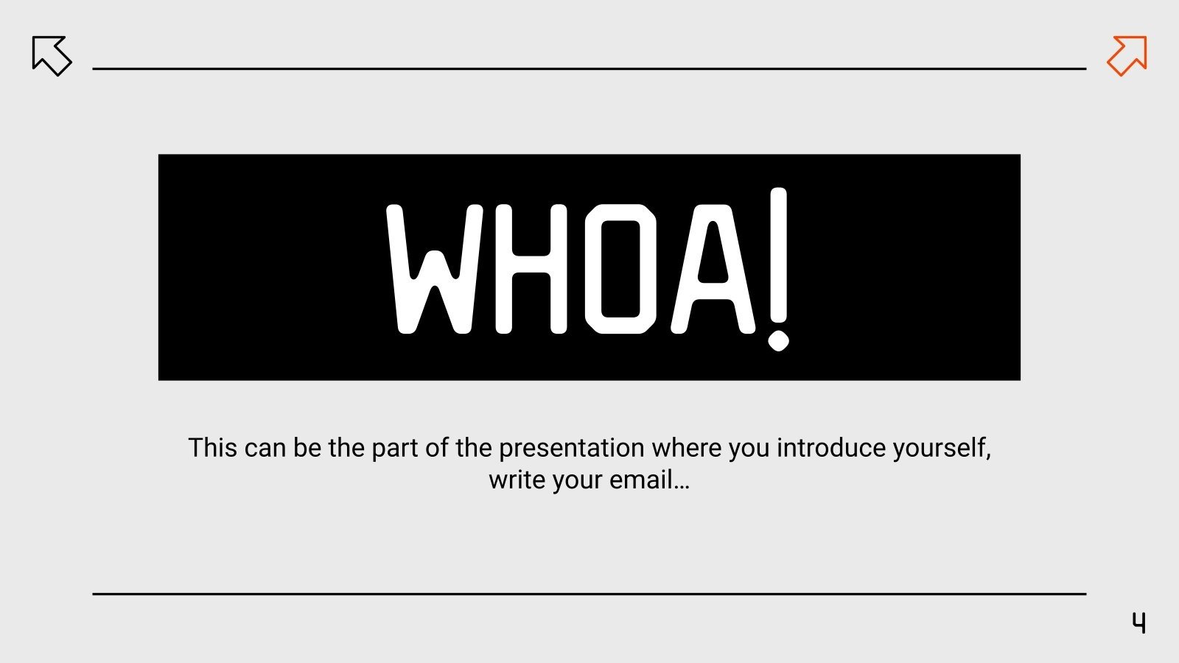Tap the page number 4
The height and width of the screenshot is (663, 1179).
pyautogui.click(x=1139, y=623)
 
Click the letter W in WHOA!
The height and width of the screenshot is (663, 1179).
pyautogui.click(x=435, y=269)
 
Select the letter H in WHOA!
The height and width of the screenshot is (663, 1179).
pyautogui.click(x=531, y=269)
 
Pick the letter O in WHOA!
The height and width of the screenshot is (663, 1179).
pyautogui.click(x=620, y=269)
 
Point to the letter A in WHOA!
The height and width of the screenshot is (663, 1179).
pyautogui.click(x=713, y=269)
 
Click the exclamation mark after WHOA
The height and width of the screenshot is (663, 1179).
pyautogui.click(x=778, y=269)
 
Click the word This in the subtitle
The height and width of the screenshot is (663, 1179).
pyautogui.click(x=212, y=448)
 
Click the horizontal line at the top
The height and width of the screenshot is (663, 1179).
pyautogui.click(x=589, y=69)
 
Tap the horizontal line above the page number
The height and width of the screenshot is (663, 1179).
pyautogui.click(x=589, y=593)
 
